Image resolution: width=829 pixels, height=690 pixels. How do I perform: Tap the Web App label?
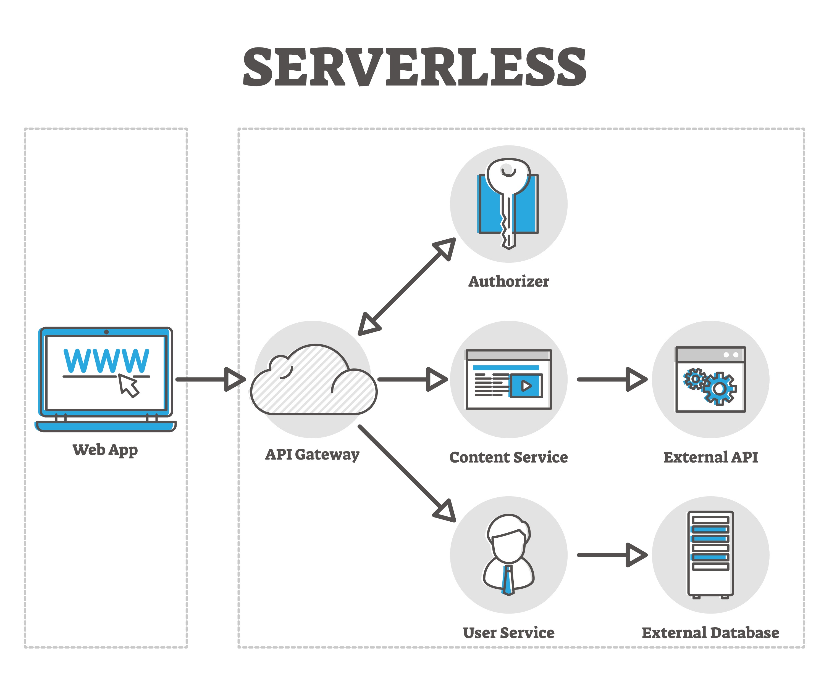(105, 450)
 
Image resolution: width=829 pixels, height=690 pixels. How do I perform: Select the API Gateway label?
(312, 454)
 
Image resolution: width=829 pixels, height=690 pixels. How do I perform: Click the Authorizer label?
(508, 282)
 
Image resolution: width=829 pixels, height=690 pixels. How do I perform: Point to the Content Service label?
(508, 457)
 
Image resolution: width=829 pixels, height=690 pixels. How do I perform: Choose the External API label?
(710, 457)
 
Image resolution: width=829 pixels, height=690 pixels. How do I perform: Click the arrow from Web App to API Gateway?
(209, 379)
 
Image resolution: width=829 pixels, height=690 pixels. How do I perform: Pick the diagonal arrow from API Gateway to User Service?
(406, 473)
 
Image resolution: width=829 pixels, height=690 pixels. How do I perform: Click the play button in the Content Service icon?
(526, 386)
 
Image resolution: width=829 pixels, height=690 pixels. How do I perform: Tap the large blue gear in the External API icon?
(719, 389)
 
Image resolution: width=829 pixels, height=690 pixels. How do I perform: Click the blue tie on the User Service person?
(508, 580)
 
